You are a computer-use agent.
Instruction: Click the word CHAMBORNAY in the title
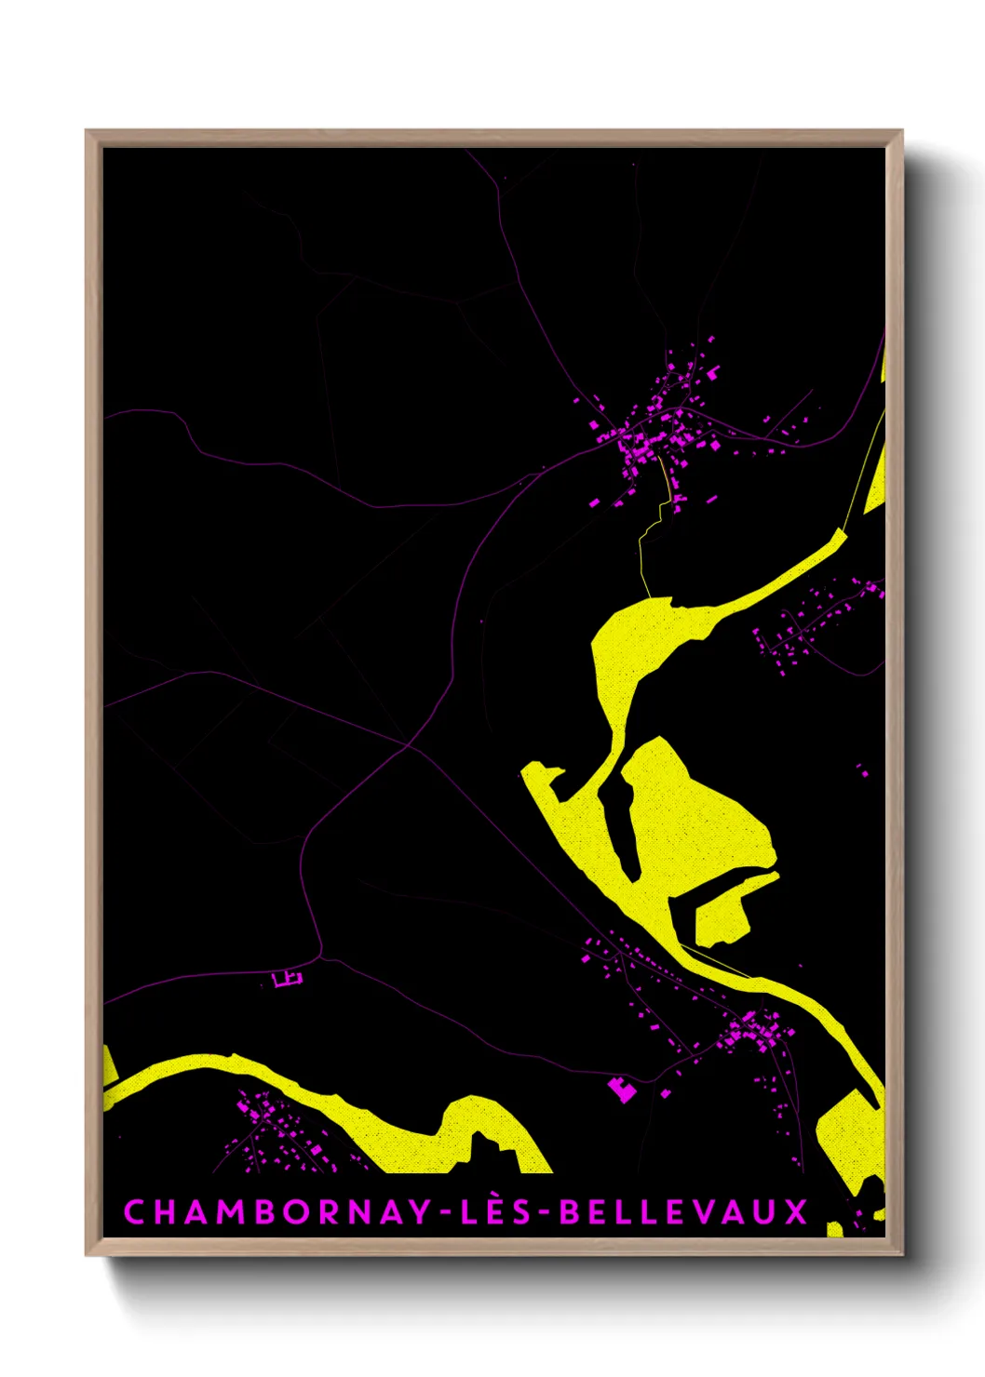coord(277,1212)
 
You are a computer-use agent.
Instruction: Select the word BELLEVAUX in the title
coord(683,1212)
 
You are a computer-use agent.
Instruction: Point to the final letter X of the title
coord(797,1212)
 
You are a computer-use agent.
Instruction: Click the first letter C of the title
coord(133,1212)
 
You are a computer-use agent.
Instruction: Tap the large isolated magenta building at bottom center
coord(622,1089)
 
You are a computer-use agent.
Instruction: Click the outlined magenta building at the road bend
coord(288,978)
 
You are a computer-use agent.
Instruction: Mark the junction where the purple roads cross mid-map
coord(407,745)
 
